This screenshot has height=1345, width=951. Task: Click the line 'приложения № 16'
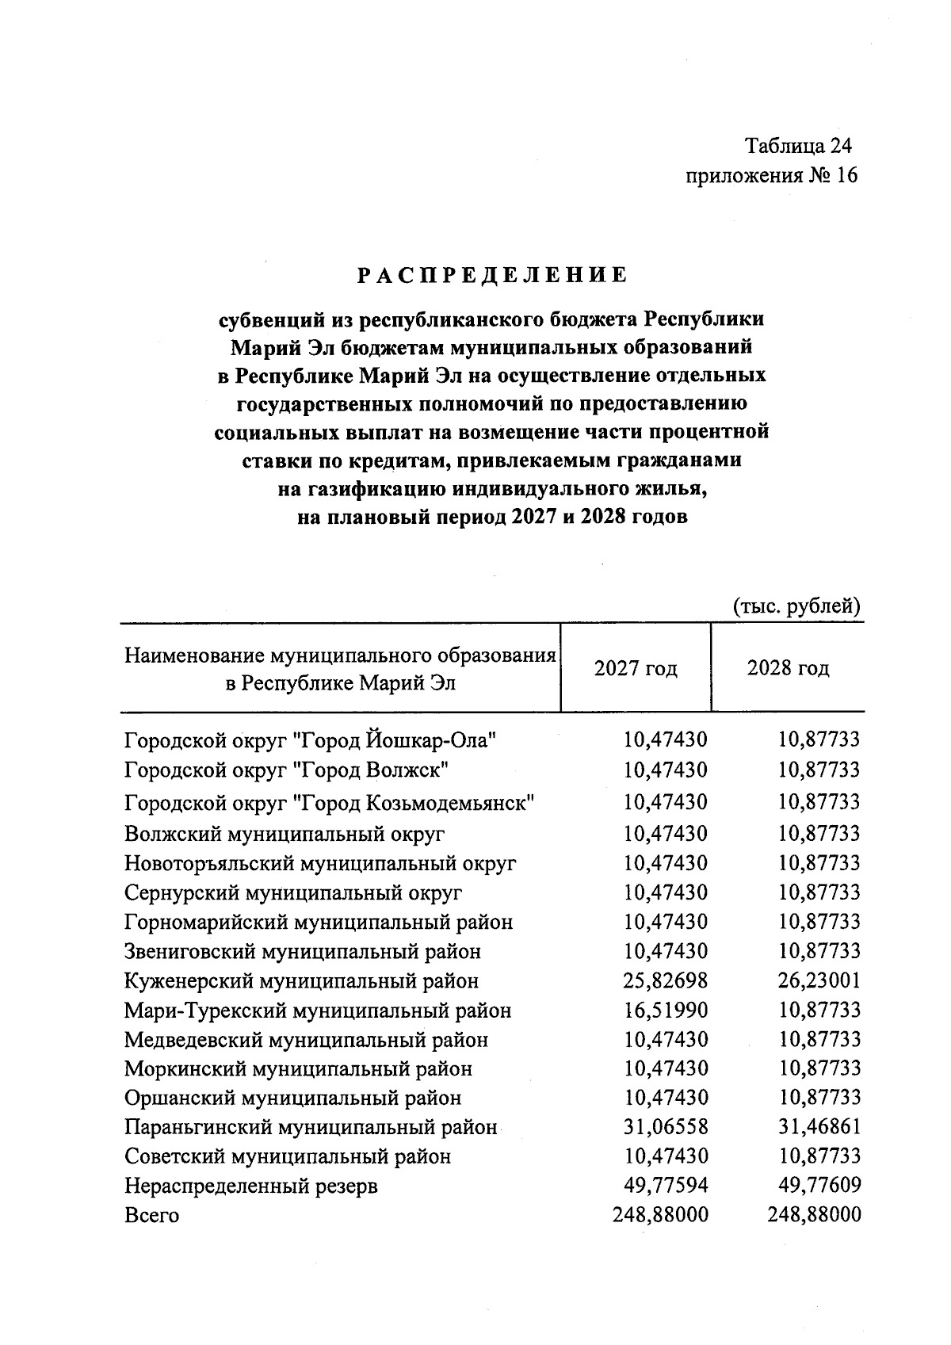click(771, 175)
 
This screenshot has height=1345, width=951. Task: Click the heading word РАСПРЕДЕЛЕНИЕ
click(491, 276)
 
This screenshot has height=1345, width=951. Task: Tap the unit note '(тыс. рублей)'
click(796, 606)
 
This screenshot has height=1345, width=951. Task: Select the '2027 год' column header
click(636, 668)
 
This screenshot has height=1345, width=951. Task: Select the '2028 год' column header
click(788, 668)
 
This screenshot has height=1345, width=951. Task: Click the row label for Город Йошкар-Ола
click(311, 741)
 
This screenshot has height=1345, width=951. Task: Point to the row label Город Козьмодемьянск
click(330, 803)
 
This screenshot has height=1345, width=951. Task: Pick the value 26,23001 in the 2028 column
click(819, 981)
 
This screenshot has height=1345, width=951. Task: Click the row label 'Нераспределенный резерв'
click(251, 1186)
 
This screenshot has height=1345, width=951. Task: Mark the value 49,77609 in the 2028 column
click(819, 1186)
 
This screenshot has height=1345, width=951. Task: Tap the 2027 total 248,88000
click(660, 1215)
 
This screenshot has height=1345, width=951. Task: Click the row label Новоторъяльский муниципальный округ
click(320, 863)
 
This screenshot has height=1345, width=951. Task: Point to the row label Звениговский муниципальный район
click(303, 951)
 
